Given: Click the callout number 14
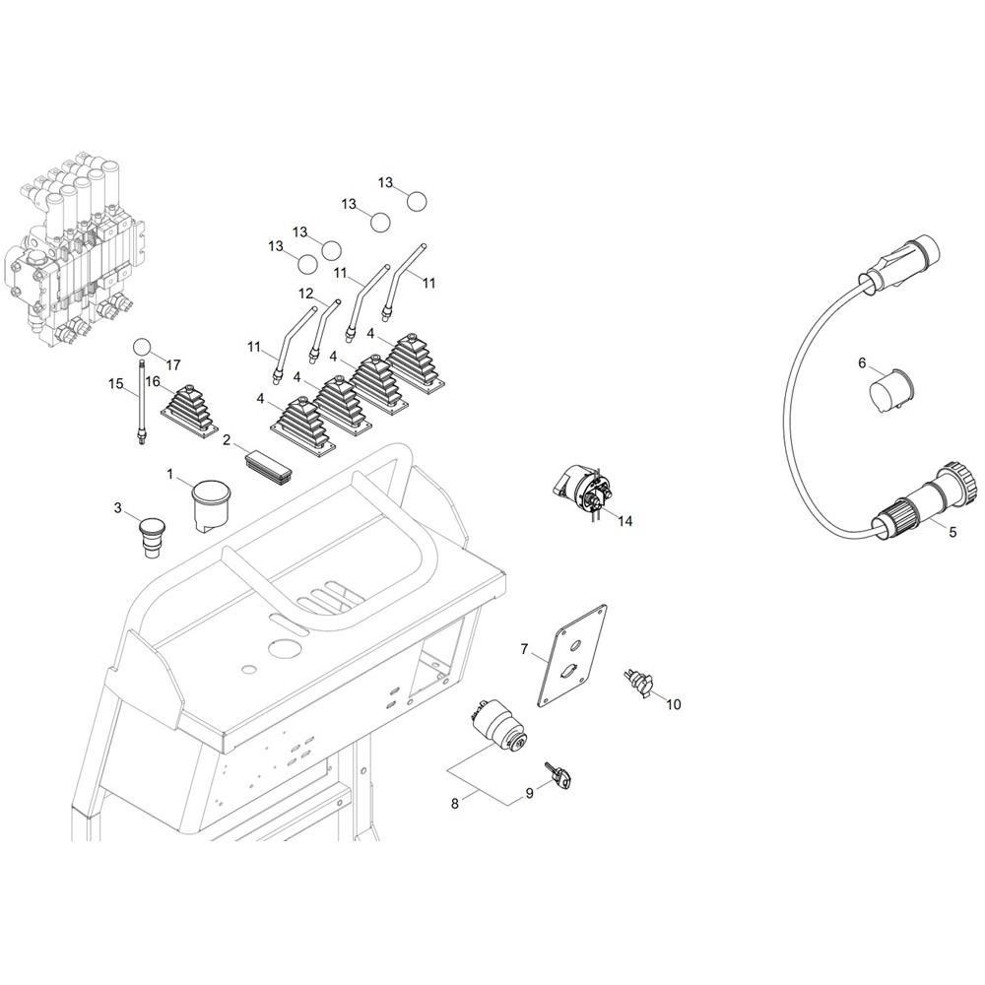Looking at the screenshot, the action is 624,521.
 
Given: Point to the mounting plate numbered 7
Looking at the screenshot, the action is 571,656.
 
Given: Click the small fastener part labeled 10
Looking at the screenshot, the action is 636,683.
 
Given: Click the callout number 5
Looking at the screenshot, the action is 952,532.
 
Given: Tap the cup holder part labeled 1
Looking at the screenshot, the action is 210,505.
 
